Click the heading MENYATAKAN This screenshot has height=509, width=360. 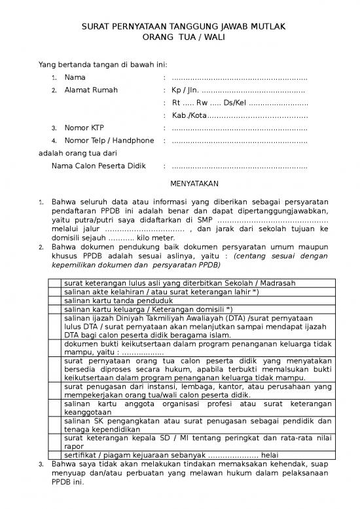point(194,183)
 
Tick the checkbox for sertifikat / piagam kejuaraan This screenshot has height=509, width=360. point(55,453)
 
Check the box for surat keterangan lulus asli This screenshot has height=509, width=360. point(55,283)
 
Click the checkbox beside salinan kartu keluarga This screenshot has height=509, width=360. point(55,309)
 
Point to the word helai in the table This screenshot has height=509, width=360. point(270,453)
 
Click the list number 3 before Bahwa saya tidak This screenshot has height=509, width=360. point(41,464)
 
